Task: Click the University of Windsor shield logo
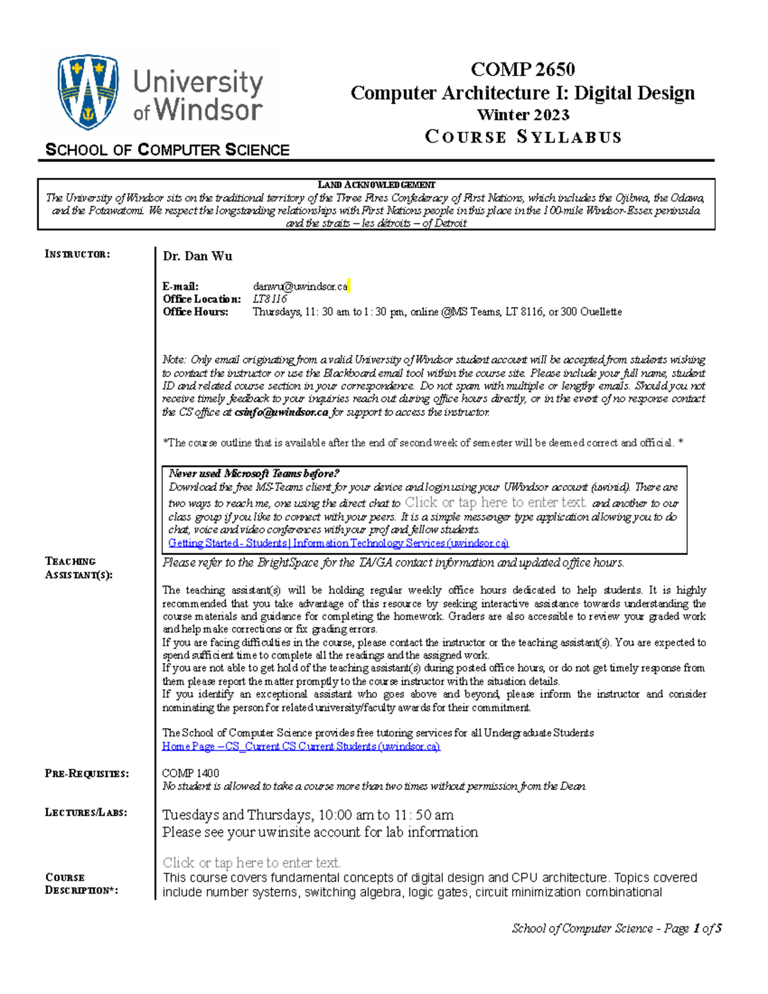click(88, 92)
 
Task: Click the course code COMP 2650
click(522, 68)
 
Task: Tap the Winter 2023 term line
click(523, 115)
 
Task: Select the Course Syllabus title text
click(523, 137)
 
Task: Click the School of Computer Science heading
click(168, 150)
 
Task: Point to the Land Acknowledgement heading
click(376, 185)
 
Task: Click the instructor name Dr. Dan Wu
click(197, 256)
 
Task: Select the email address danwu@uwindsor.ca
click(300, 286)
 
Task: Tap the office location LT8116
click(269, 299)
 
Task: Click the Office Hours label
click(195, 312)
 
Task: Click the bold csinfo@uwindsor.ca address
click(281, 412)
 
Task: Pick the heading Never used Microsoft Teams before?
click(253, 474)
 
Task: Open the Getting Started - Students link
click(338, 543)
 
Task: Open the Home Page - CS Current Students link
click(301, 746)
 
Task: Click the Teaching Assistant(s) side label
click(78, 568)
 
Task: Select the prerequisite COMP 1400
click(190, 773)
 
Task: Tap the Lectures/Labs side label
click(86, 812)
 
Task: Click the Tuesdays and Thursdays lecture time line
click(308, 815)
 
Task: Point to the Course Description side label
click(81, 883)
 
